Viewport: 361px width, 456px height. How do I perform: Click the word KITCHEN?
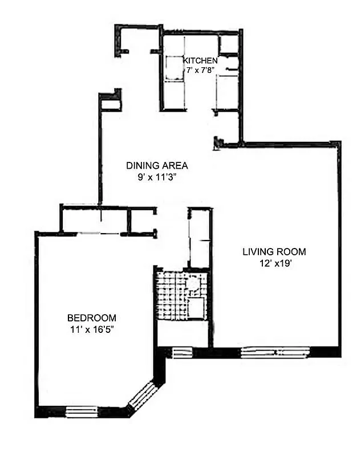200,60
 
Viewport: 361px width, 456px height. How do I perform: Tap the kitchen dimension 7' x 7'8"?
200,70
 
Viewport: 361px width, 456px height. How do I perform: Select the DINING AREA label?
157,166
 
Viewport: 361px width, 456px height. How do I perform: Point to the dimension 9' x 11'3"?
157,177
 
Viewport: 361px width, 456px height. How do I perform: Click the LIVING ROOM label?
274,251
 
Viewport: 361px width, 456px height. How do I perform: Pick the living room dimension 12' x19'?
274,263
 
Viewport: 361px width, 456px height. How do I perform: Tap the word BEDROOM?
92,317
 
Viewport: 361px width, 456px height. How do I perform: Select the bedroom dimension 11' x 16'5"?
92,329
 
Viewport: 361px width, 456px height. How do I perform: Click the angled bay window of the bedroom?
141,397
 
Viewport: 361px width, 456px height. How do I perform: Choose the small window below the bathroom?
182,352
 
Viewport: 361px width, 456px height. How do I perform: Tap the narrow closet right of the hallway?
200,238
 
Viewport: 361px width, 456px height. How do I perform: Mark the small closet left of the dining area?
111,102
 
